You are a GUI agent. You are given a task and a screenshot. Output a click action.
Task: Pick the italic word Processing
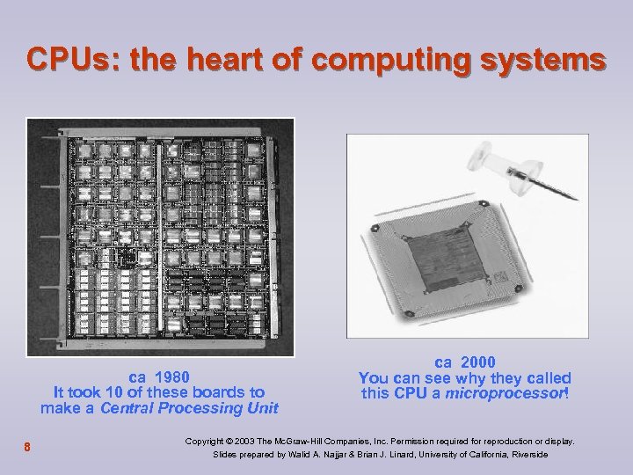point(204,408)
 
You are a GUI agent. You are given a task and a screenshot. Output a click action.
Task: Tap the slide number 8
point(28,447)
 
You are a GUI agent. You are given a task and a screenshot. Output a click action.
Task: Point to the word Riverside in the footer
point(524,455)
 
